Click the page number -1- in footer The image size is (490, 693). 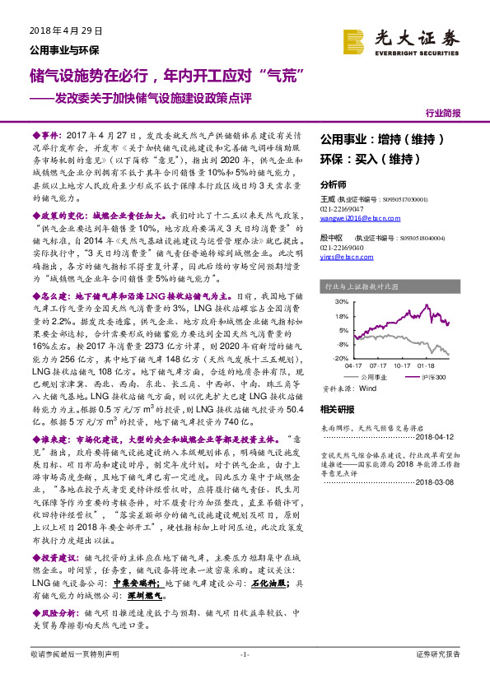click(x=245, y=653)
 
